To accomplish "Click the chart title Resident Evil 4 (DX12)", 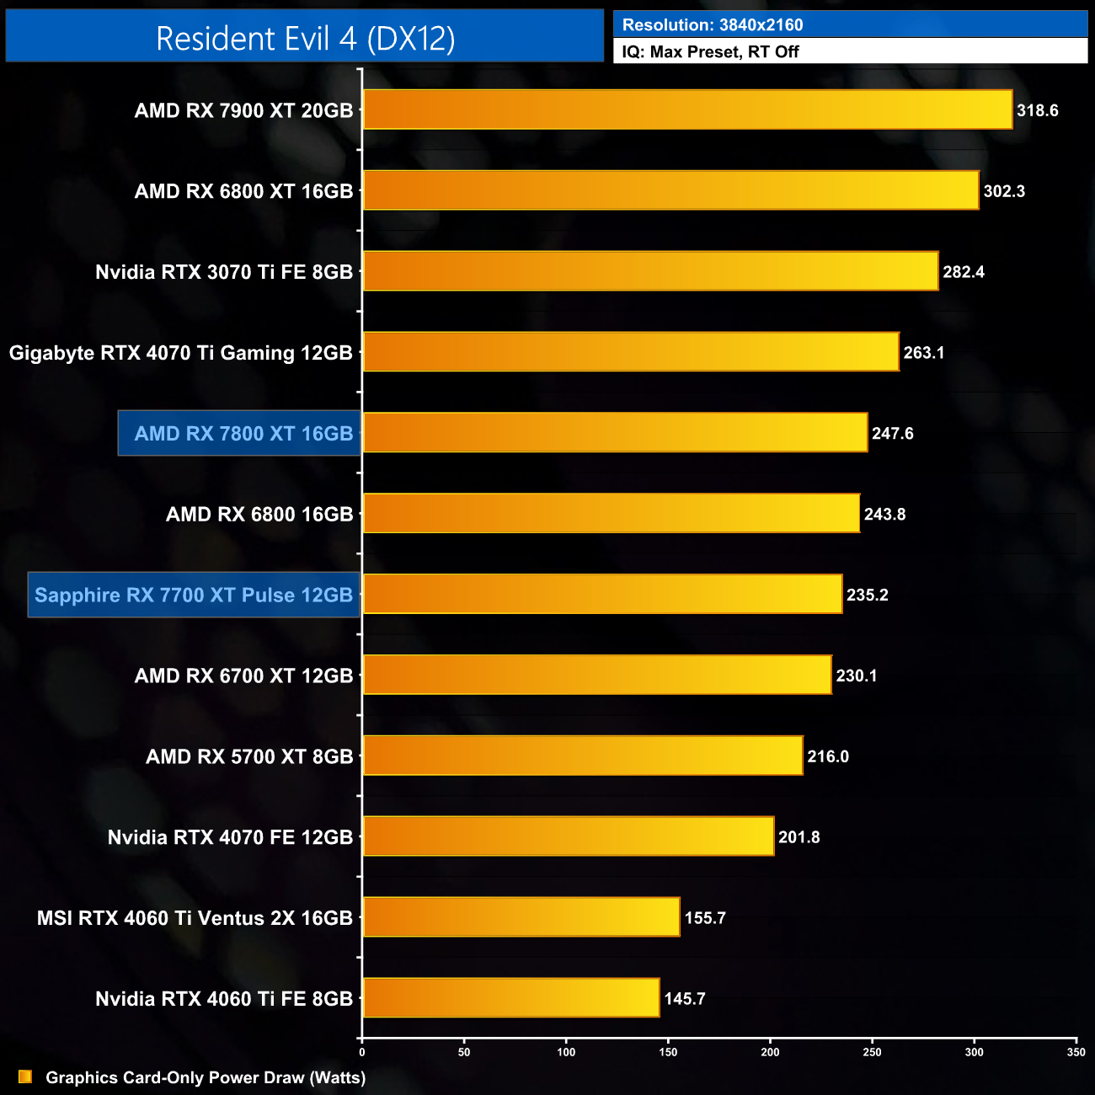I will pos(305,39).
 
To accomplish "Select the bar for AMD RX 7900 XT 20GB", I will pos(687,109).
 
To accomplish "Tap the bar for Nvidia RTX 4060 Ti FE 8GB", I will pos(510,998).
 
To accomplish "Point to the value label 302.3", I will pos(1004,191).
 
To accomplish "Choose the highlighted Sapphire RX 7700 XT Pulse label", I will pos(194,595).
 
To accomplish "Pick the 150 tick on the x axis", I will pos(668,1052).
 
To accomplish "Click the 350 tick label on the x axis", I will pos(1076,1052).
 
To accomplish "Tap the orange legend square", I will pos(25,1077).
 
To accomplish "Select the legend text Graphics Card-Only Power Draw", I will pos(206,1077).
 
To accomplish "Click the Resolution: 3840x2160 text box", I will pos(851,24).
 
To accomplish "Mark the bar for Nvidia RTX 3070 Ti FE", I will pos(650,271).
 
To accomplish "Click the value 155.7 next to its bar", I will pos(705,918).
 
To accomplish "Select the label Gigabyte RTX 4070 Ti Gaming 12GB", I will pos(181,353).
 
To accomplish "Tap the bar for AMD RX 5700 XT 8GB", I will pos(582,756).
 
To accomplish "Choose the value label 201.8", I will pos(799,837).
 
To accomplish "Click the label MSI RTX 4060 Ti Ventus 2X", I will pos(195,918).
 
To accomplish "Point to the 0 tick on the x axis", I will pos(362,1052).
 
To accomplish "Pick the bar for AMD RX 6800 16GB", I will pos(611,513).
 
